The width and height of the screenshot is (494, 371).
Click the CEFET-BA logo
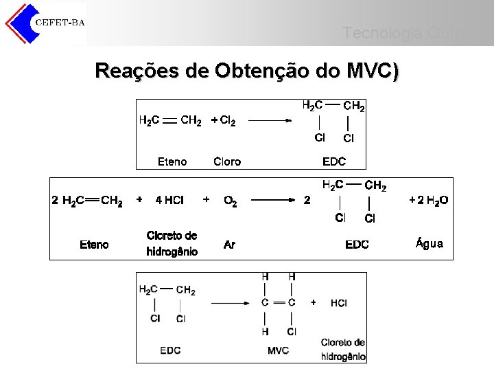pyautogui.click(x=45, y=23)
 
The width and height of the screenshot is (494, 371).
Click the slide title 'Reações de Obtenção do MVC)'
pyautogui.click(x=247, y=71)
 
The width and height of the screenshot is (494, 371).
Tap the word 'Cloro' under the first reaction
pyautogui.click(x=227, y=162)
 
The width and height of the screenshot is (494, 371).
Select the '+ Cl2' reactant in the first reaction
pyautogui.click(x=223, y=121)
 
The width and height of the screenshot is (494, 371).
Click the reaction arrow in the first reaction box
pyautogui.click(x=271, y=121)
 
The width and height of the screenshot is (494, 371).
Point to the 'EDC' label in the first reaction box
pyautogui.click(x=334, y=162)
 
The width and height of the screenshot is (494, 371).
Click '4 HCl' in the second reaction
pyautogui.click(x=169, y=201)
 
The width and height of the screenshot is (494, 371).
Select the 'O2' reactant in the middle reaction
pyautogui.click(x=231, y=201)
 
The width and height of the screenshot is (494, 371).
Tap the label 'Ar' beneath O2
pyautogui.click(x=229, y=245)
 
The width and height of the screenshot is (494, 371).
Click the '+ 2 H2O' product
pyautogui.click(x=428, y=201)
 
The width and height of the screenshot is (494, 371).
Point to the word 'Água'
pyautogui.click(x=430, y=243)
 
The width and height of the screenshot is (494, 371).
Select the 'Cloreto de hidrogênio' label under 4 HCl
pyautogui.click(x=172, y=244)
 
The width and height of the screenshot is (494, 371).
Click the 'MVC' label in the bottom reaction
pyautogui.click(x=278, y=350)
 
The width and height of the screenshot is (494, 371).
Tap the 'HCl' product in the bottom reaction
pyautogui.click(x=338, y=303)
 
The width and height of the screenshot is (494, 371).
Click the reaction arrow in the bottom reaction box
pyautogui.click(x=233, y=302)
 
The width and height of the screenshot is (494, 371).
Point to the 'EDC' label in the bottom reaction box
pyautogui.click(x=170, y=350)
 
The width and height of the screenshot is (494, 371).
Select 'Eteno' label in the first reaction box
pyautogui.click(x=172, y=162)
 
